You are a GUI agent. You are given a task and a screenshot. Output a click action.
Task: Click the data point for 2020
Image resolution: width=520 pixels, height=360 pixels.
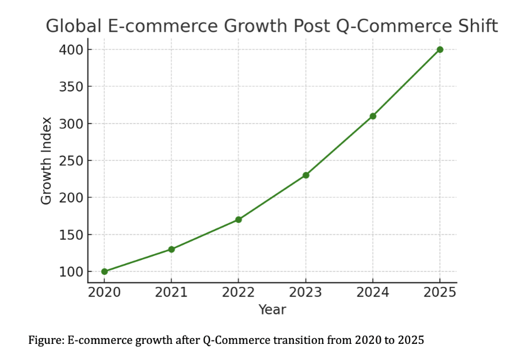104,271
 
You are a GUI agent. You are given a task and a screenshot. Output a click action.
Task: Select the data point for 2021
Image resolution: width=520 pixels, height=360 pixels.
171,249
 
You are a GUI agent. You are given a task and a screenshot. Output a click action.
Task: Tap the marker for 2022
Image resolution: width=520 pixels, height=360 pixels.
238,220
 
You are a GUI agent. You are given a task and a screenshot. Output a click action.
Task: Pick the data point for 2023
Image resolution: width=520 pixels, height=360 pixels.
305,175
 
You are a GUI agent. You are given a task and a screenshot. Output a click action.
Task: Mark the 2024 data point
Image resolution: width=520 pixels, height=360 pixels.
373,116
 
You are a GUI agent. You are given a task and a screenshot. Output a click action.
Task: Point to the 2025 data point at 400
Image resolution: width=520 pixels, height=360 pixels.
440,49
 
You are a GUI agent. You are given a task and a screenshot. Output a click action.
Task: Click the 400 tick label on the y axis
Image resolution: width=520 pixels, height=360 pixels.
71,50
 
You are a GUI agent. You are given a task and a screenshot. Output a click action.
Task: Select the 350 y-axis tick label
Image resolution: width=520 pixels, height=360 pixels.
71,87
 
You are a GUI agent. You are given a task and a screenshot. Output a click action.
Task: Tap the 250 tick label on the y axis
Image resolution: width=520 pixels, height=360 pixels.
71,161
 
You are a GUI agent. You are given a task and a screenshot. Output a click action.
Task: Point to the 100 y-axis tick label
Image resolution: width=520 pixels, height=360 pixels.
71,271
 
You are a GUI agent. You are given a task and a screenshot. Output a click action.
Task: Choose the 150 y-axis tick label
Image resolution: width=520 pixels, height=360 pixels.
71,235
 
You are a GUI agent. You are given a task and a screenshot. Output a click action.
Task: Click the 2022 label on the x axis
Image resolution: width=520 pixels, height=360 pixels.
238,292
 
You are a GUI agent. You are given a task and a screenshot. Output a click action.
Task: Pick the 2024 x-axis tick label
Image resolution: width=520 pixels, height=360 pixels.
373,292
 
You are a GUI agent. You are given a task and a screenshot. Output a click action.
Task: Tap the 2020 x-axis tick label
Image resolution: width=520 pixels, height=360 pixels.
104,292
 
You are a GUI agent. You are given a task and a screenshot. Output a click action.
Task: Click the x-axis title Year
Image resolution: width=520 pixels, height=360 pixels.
272,309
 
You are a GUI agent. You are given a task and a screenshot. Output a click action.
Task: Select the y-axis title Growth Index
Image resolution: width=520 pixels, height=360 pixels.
47,160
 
